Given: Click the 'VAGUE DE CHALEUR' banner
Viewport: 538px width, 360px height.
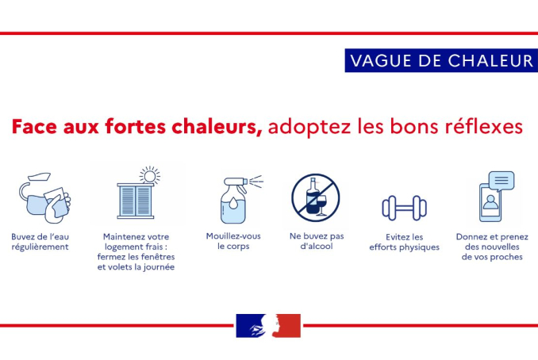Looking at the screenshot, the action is [x=441, y=60].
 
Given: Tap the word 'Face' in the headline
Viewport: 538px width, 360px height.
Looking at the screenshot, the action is [x=34, y=127].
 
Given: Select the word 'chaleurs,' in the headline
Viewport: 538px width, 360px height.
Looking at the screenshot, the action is [x=217, y=127].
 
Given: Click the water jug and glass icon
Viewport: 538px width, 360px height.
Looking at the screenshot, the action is [x=44, y=197].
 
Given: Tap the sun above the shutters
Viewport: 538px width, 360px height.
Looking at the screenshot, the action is [x=150, y=175].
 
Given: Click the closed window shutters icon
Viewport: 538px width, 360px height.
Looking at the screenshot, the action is [x=136, y=201].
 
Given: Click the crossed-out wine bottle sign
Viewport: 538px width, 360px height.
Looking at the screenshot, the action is [x=316, y=197].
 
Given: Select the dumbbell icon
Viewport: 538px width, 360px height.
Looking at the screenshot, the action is [x=404, y=208].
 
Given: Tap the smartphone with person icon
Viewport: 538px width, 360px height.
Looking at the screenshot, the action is [x=490, y=203].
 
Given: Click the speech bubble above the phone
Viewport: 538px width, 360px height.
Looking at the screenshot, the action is [x=501, y=181].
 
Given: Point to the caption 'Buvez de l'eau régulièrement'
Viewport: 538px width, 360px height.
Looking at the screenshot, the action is [x=40, y=242].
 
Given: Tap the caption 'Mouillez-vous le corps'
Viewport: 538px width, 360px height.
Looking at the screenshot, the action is [x=233, y=241].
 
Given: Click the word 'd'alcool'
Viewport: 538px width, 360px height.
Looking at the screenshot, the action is [x=317, y=246].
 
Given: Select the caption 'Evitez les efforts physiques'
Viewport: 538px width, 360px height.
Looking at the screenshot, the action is [x=404, y=243].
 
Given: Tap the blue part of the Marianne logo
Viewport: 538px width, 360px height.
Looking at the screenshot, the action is [x=251, y=326].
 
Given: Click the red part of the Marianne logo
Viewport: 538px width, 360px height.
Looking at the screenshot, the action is [x=287, y=326].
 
